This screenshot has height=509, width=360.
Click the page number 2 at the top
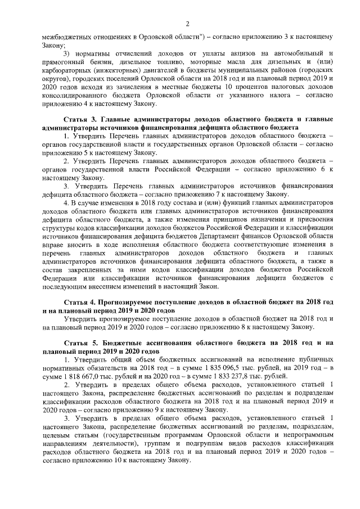pos(187,22)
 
